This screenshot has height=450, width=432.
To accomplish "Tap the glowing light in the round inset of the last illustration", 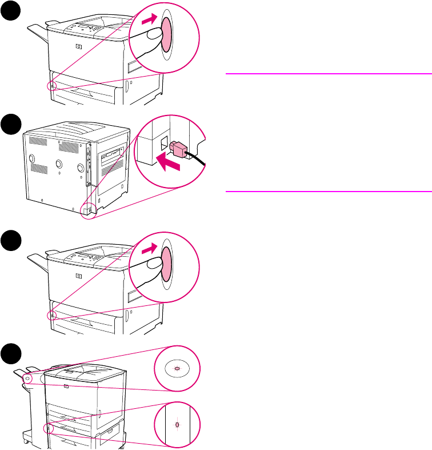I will click(177, 368).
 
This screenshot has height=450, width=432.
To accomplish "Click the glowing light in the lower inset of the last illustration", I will click(177, 424).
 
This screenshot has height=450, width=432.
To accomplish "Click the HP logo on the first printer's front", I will click(78, 47).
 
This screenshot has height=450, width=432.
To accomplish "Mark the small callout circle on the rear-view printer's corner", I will click(87, 211).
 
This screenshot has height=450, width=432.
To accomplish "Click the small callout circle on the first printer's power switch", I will click(52, 86).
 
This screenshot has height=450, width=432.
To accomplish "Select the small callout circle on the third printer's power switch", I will click(52, 315).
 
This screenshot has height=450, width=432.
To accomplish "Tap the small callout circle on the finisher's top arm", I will click(29, 378).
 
